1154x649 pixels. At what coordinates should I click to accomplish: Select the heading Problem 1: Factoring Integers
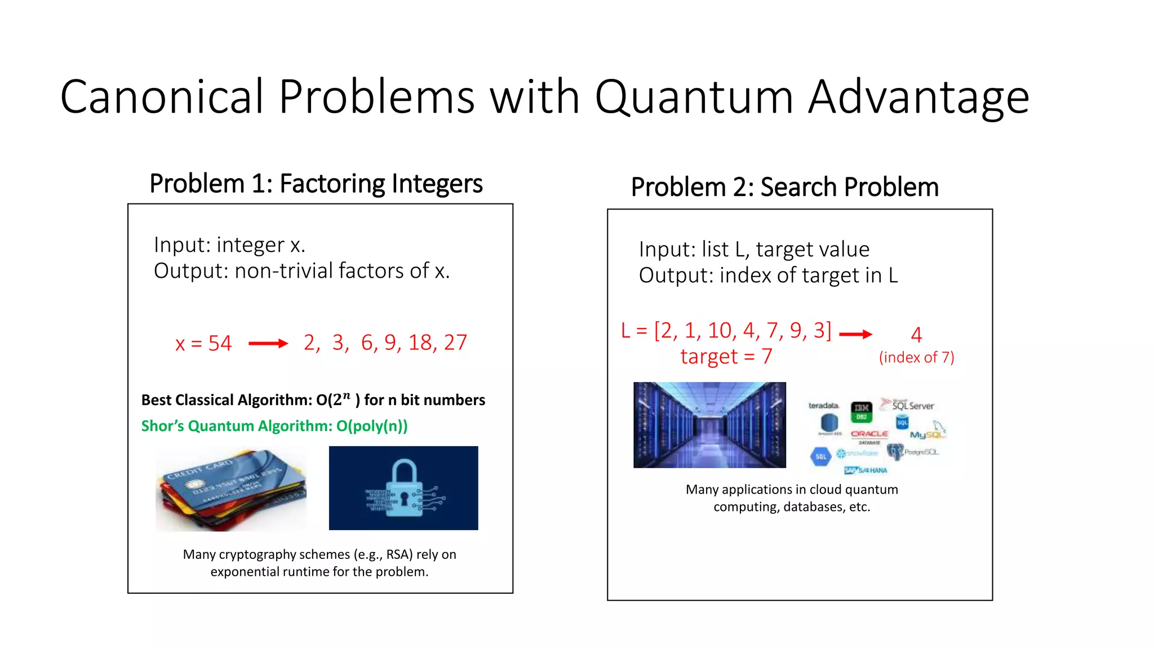316,184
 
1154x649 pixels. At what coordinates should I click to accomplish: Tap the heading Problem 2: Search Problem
784,187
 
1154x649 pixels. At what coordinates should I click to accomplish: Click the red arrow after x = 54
268,343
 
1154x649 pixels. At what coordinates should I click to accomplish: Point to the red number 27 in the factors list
455,343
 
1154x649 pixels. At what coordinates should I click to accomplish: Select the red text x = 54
203,343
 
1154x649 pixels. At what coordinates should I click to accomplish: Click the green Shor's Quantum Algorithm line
274,426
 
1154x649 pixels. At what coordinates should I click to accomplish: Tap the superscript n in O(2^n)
347,395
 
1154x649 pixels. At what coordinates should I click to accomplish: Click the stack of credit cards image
232,489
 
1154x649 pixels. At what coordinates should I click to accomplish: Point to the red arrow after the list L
855,334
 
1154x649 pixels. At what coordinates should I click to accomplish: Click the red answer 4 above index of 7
916,335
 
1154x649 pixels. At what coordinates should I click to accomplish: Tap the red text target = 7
726,357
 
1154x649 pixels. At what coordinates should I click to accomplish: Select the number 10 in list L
719,331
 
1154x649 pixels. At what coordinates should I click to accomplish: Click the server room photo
709,425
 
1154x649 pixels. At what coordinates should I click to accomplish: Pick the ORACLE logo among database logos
869,434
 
